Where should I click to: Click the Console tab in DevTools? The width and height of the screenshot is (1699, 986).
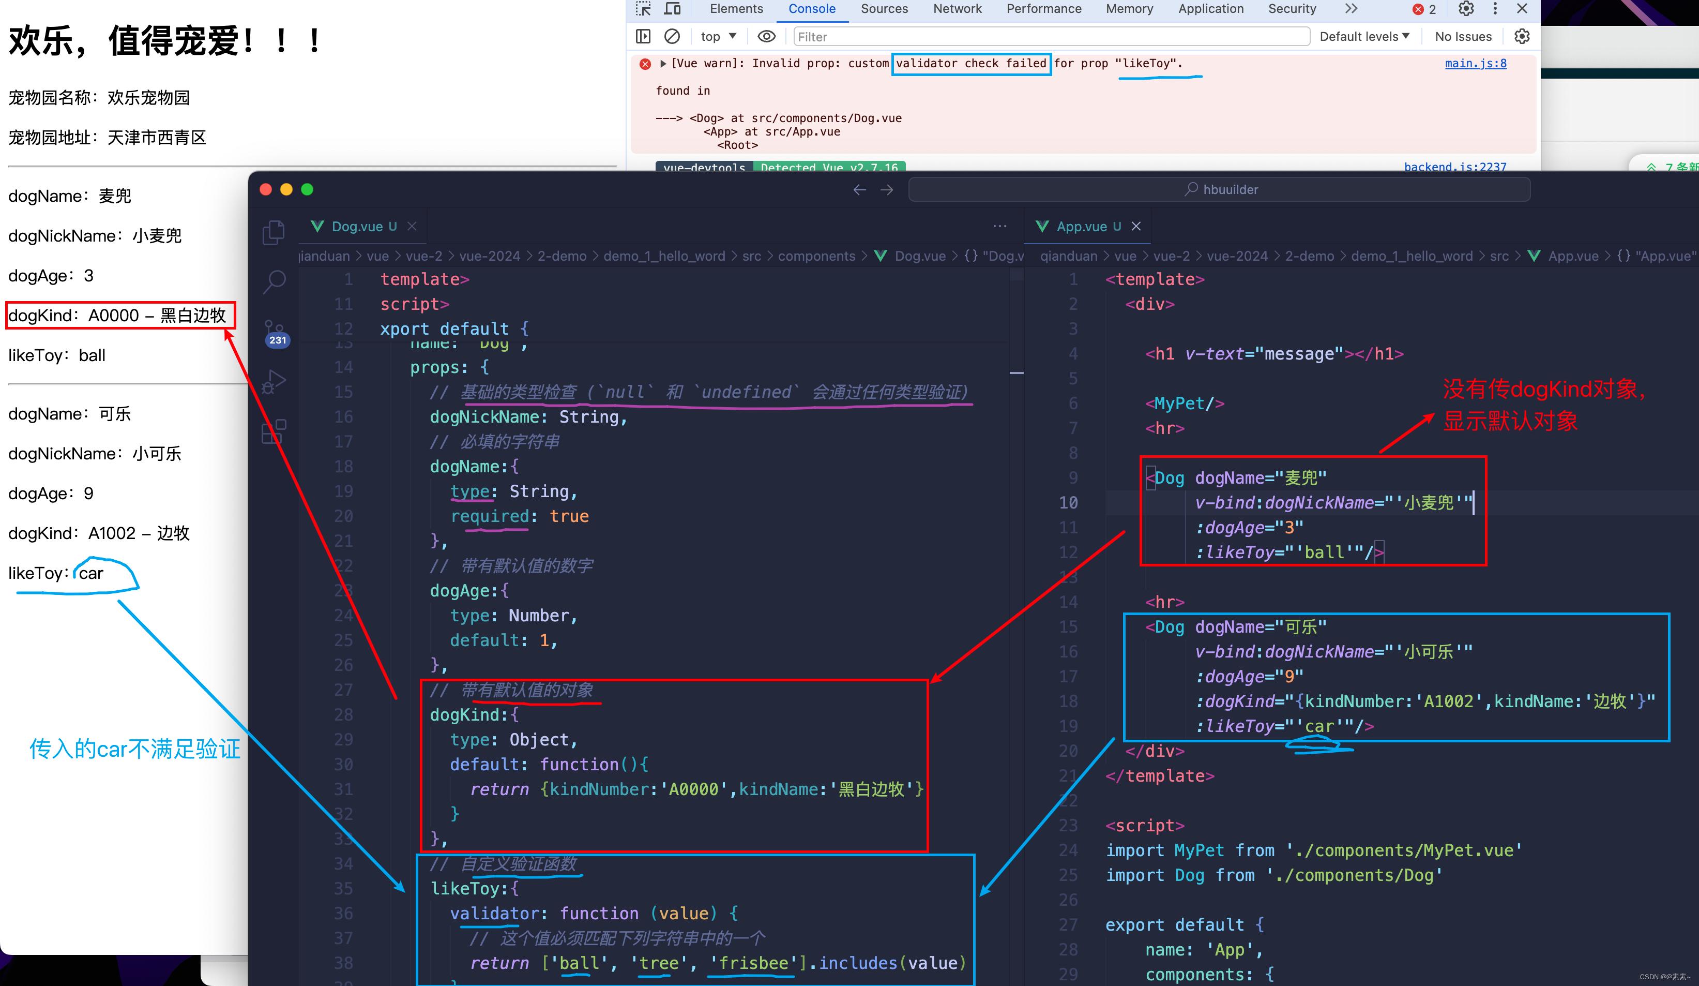[812, 9]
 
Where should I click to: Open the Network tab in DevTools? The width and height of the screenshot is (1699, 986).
[957, 9]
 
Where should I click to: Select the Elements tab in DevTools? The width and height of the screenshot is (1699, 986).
[736, 9]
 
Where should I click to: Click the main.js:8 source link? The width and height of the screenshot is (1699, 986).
[1475, 64]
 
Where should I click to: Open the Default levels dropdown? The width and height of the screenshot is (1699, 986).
[1364, 36]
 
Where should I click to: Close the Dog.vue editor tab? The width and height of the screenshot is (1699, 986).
[412, 227]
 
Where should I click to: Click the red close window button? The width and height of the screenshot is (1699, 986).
[266, 189]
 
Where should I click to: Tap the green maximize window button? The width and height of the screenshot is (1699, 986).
[308, 189]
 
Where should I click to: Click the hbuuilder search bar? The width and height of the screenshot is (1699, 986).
[1219, 189]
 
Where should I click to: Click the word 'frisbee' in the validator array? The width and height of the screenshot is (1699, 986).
[753, 963]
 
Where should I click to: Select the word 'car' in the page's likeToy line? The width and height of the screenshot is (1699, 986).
[91, 573]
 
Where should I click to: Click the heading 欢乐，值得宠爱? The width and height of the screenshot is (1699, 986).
[165, 40]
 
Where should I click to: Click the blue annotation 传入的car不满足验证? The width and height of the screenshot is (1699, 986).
[135, 749]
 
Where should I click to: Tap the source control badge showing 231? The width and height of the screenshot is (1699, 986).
[277, 340]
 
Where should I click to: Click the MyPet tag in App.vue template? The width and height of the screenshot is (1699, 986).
[1184, 404]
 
